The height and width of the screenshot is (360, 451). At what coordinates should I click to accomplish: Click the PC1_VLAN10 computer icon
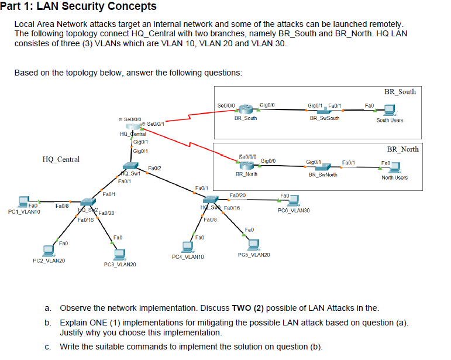click(24, 201)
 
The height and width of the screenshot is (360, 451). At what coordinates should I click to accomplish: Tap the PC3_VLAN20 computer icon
click(120, 253)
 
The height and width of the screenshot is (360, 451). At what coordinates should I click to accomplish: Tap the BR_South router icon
click(245, 110)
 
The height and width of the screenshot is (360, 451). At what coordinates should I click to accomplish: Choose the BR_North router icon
click(247, 165)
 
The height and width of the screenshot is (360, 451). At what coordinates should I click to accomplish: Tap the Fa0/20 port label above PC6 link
click(238, 194)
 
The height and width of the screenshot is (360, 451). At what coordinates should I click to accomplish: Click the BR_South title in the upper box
click(400, 92)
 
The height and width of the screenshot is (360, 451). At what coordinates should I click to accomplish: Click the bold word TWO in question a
click(242, 308)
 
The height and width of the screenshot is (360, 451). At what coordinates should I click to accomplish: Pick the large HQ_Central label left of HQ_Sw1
click(61, 159)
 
